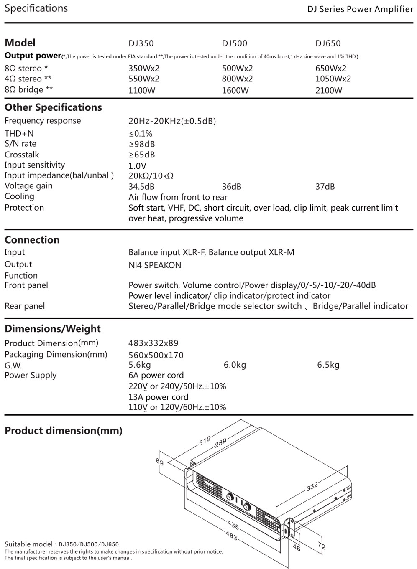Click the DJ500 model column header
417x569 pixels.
[x=234, y=43]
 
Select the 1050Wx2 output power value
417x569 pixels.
[x=333, y=79]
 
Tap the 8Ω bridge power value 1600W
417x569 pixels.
[x=235, y=90]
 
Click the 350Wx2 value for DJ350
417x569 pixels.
[x=144, y=69]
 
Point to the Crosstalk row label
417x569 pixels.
[x=22, y=155]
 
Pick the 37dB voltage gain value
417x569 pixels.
[x=325, y=187]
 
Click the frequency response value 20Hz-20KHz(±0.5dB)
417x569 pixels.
[x=172, y=121]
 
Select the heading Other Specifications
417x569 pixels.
[x=53, y=107]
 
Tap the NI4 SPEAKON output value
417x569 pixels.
[x=155, y=265]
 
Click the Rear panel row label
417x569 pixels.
[x=25, y=306]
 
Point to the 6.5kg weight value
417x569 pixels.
[x=328, y=365]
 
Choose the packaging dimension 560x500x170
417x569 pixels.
[x=156, y=355]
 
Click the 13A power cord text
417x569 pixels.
[x=158, y=397]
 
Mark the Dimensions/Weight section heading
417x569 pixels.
[x=52, y=329]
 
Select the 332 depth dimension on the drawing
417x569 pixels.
[x=312, y=486]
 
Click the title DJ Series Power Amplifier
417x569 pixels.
[x=360, y=9]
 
